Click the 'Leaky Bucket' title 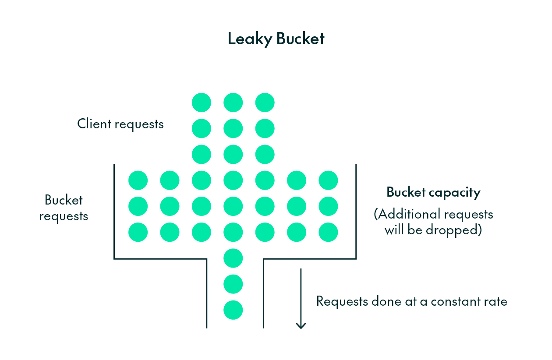click(x=276, y=39)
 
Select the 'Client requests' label click(x=120, y=124)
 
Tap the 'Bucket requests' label click(x=64, y=208)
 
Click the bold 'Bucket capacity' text click(x=433, y=193)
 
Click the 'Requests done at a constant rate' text click(x=411, y=301)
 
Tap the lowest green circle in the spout click(x=233, y=310)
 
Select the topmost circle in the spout click(x=233, y=258)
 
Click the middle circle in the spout click(x=233, y=284)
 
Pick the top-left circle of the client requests click(x=202, y=103)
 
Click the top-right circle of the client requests click(x=265, y=103)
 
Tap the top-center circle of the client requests click(x=233, y=103)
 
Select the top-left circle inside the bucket click(x=138, y=180)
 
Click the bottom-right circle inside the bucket click(x=328, y=232)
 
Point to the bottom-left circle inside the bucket click(x=138, y=232)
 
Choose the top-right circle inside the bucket click(x=328, y=180)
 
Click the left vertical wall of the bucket click(x=114, y=210)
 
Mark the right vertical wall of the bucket click(x=356, y=210)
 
